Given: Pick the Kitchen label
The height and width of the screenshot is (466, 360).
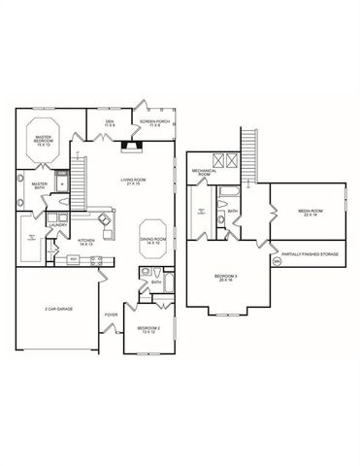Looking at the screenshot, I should tap(86, 241).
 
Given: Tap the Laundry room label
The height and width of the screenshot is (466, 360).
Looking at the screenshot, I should tap(57, 225).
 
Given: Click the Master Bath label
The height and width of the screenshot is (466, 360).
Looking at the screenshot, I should tap(40, 185).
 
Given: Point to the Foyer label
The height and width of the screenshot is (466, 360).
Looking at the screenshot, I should tap(112, 315).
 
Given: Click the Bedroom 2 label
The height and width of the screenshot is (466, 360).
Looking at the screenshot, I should tap(148, 330).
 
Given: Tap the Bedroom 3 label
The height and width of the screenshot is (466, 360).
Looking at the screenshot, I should tap(226, 280).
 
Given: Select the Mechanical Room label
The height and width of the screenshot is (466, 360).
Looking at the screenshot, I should tap(204, 172).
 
